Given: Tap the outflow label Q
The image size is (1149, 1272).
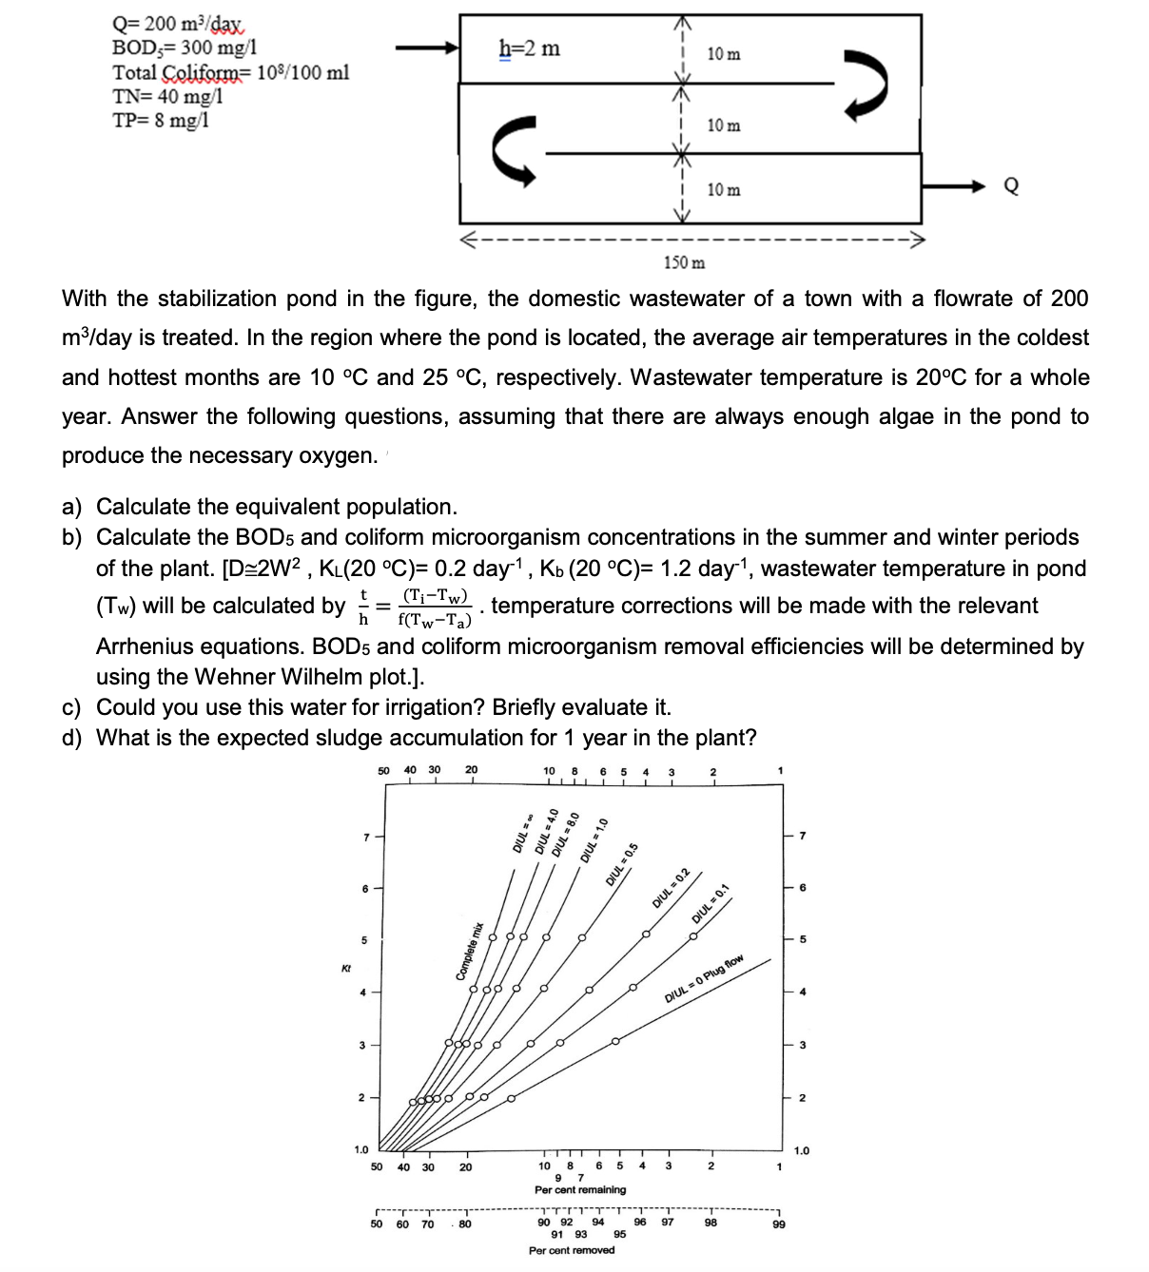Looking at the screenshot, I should [x=1011, y=187].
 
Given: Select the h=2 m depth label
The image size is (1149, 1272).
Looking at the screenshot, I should [x=530, y=48].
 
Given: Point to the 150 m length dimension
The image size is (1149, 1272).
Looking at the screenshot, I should [x=684, y=261].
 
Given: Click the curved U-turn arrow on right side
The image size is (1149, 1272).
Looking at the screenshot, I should [x=867, y=86].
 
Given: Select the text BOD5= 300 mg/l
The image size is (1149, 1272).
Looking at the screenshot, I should [x=185, y=48].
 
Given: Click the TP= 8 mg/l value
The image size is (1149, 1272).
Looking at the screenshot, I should [x=160, y=120].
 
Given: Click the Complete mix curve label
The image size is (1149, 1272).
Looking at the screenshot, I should [x=470, y=951].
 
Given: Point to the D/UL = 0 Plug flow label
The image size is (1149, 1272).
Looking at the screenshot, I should [x=704, y=979].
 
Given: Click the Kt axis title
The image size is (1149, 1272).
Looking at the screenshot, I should [x=345, y=968].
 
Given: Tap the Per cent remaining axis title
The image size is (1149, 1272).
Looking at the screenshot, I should [x=580, y=1189].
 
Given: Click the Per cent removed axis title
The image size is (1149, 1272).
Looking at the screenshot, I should [x=572, y=1250].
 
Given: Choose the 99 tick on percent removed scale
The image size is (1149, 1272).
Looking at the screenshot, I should [x=779, y=1224].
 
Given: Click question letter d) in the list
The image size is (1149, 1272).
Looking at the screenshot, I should [x=71, y=738].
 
